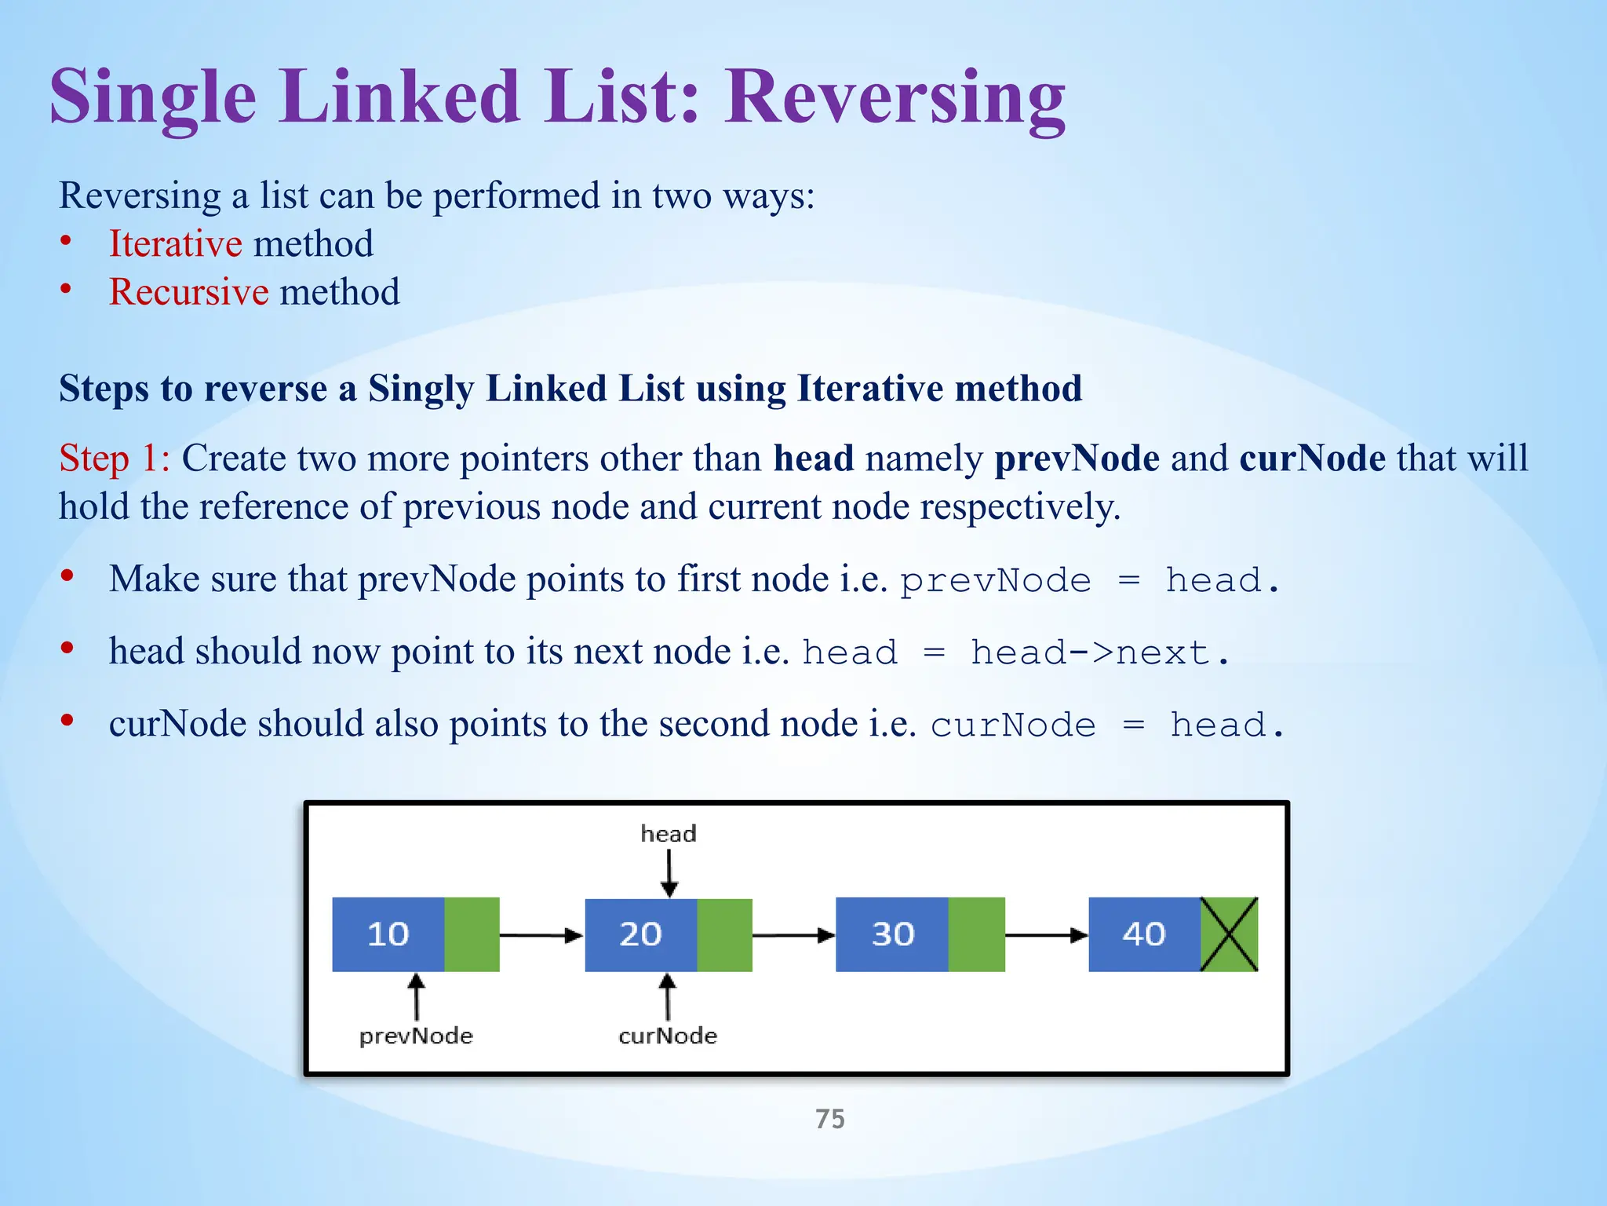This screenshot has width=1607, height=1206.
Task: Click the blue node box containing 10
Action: [388, 934]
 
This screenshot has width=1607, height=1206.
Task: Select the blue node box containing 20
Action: [641, 934]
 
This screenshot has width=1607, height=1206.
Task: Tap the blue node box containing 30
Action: [892, 934]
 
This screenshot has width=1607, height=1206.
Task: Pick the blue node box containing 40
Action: [1144, 934]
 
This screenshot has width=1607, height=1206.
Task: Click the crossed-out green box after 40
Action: [1230, 934]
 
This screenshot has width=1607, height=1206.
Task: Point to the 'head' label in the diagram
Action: [668, 834]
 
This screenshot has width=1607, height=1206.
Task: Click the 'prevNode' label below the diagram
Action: [416, 1036]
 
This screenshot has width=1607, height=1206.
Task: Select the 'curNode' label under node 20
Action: [668, 1036]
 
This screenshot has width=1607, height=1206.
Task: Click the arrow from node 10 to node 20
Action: [541, 935]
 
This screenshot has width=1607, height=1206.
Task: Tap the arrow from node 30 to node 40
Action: [1046, 935]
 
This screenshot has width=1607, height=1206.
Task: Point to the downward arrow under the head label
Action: [669, 873]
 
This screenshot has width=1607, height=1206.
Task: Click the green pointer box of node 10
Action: [472, 934]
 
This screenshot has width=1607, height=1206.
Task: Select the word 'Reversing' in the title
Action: [895, 97]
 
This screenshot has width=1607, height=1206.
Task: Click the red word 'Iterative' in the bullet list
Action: [175, 243]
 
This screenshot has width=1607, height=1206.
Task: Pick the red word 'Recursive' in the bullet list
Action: [188, 292]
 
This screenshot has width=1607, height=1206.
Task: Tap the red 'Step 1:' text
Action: [115, 458]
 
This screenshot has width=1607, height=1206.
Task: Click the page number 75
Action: [830, 1119]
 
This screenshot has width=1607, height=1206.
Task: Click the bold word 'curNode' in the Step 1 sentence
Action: [1312, 458]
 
